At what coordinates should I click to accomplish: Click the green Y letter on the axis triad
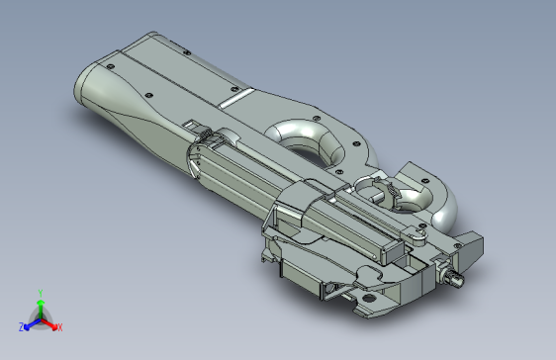coord(39,293)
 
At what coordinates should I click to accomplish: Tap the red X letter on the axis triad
coord(59,327)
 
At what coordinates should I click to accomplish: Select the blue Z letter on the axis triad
coord(21,326)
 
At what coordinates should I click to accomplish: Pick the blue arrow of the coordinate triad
coord(30,323)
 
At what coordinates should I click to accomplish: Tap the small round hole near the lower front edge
coord(369,296)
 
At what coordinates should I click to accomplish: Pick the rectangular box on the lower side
coord(302,274)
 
